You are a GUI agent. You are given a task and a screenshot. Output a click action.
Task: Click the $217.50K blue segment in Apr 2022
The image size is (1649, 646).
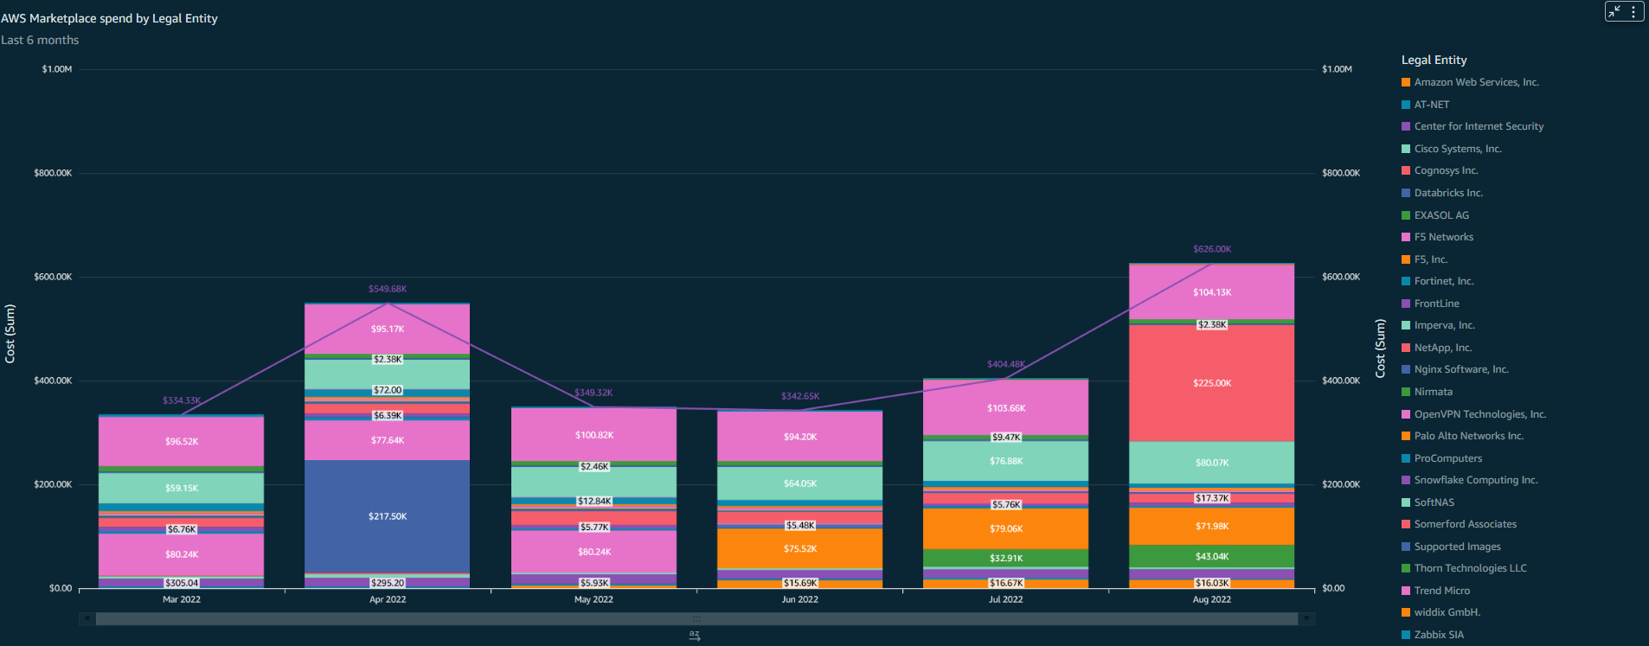(x=387, y=516)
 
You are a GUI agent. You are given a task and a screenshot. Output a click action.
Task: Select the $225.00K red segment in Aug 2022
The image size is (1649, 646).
(x=1211, y=383)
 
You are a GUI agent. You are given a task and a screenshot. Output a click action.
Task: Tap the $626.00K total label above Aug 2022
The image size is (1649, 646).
(x=1211, y=249)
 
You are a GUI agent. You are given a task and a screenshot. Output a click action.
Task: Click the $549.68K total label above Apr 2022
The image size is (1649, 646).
(x=387, y=289)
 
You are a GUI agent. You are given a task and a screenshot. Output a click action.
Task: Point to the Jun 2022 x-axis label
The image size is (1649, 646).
(x=799, y=599)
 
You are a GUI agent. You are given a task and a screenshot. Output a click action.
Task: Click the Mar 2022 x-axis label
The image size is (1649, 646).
(x=182, y=599)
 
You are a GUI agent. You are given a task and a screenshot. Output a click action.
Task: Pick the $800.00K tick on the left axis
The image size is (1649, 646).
(x=53, y=173)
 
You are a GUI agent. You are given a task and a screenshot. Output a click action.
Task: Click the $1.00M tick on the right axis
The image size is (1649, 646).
(x=1337, y=69)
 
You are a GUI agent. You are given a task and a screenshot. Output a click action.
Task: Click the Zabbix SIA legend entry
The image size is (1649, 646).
(x=1438, y=635)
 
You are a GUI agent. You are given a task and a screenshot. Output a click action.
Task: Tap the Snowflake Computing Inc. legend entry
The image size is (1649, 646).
(x=1475, y=480)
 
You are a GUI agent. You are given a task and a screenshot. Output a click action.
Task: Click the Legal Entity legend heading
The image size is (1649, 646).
(x=1434, y=60)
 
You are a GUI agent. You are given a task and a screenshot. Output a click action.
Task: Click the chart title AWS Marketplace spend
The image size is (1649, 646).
(x=109, y=18)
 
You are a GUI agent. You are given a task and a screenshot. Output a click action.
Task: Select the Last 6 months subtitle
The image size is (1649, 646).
(x=40, y=40)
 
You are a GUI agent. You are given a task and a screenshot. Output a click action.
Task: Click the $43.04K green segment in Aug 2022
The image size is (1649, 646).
(x=1211, y=556)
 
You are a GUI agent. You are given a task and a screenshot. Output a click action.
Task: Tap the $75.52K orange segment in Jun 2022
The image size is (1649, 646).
(x=799, y=548)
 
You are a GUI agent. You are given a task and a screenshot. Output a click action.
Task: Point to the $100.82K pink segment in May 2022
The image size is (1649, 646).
(x=594, y=435)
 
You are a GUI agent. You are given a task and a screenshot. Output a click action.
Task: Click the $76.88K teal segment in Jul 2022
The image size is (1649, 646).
(x=1005, y=461)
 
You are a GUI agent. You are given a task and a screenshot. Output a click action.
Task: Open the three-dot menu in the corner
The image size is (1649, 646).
(x=1633, y=11)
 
